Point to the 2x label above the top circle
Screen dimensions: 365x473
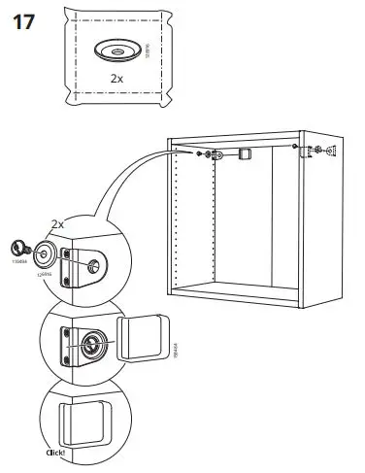56,223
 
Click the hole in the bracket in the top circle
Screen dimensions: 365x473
93,263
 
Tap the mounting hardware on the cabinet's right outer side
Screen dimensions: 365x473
327,151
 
